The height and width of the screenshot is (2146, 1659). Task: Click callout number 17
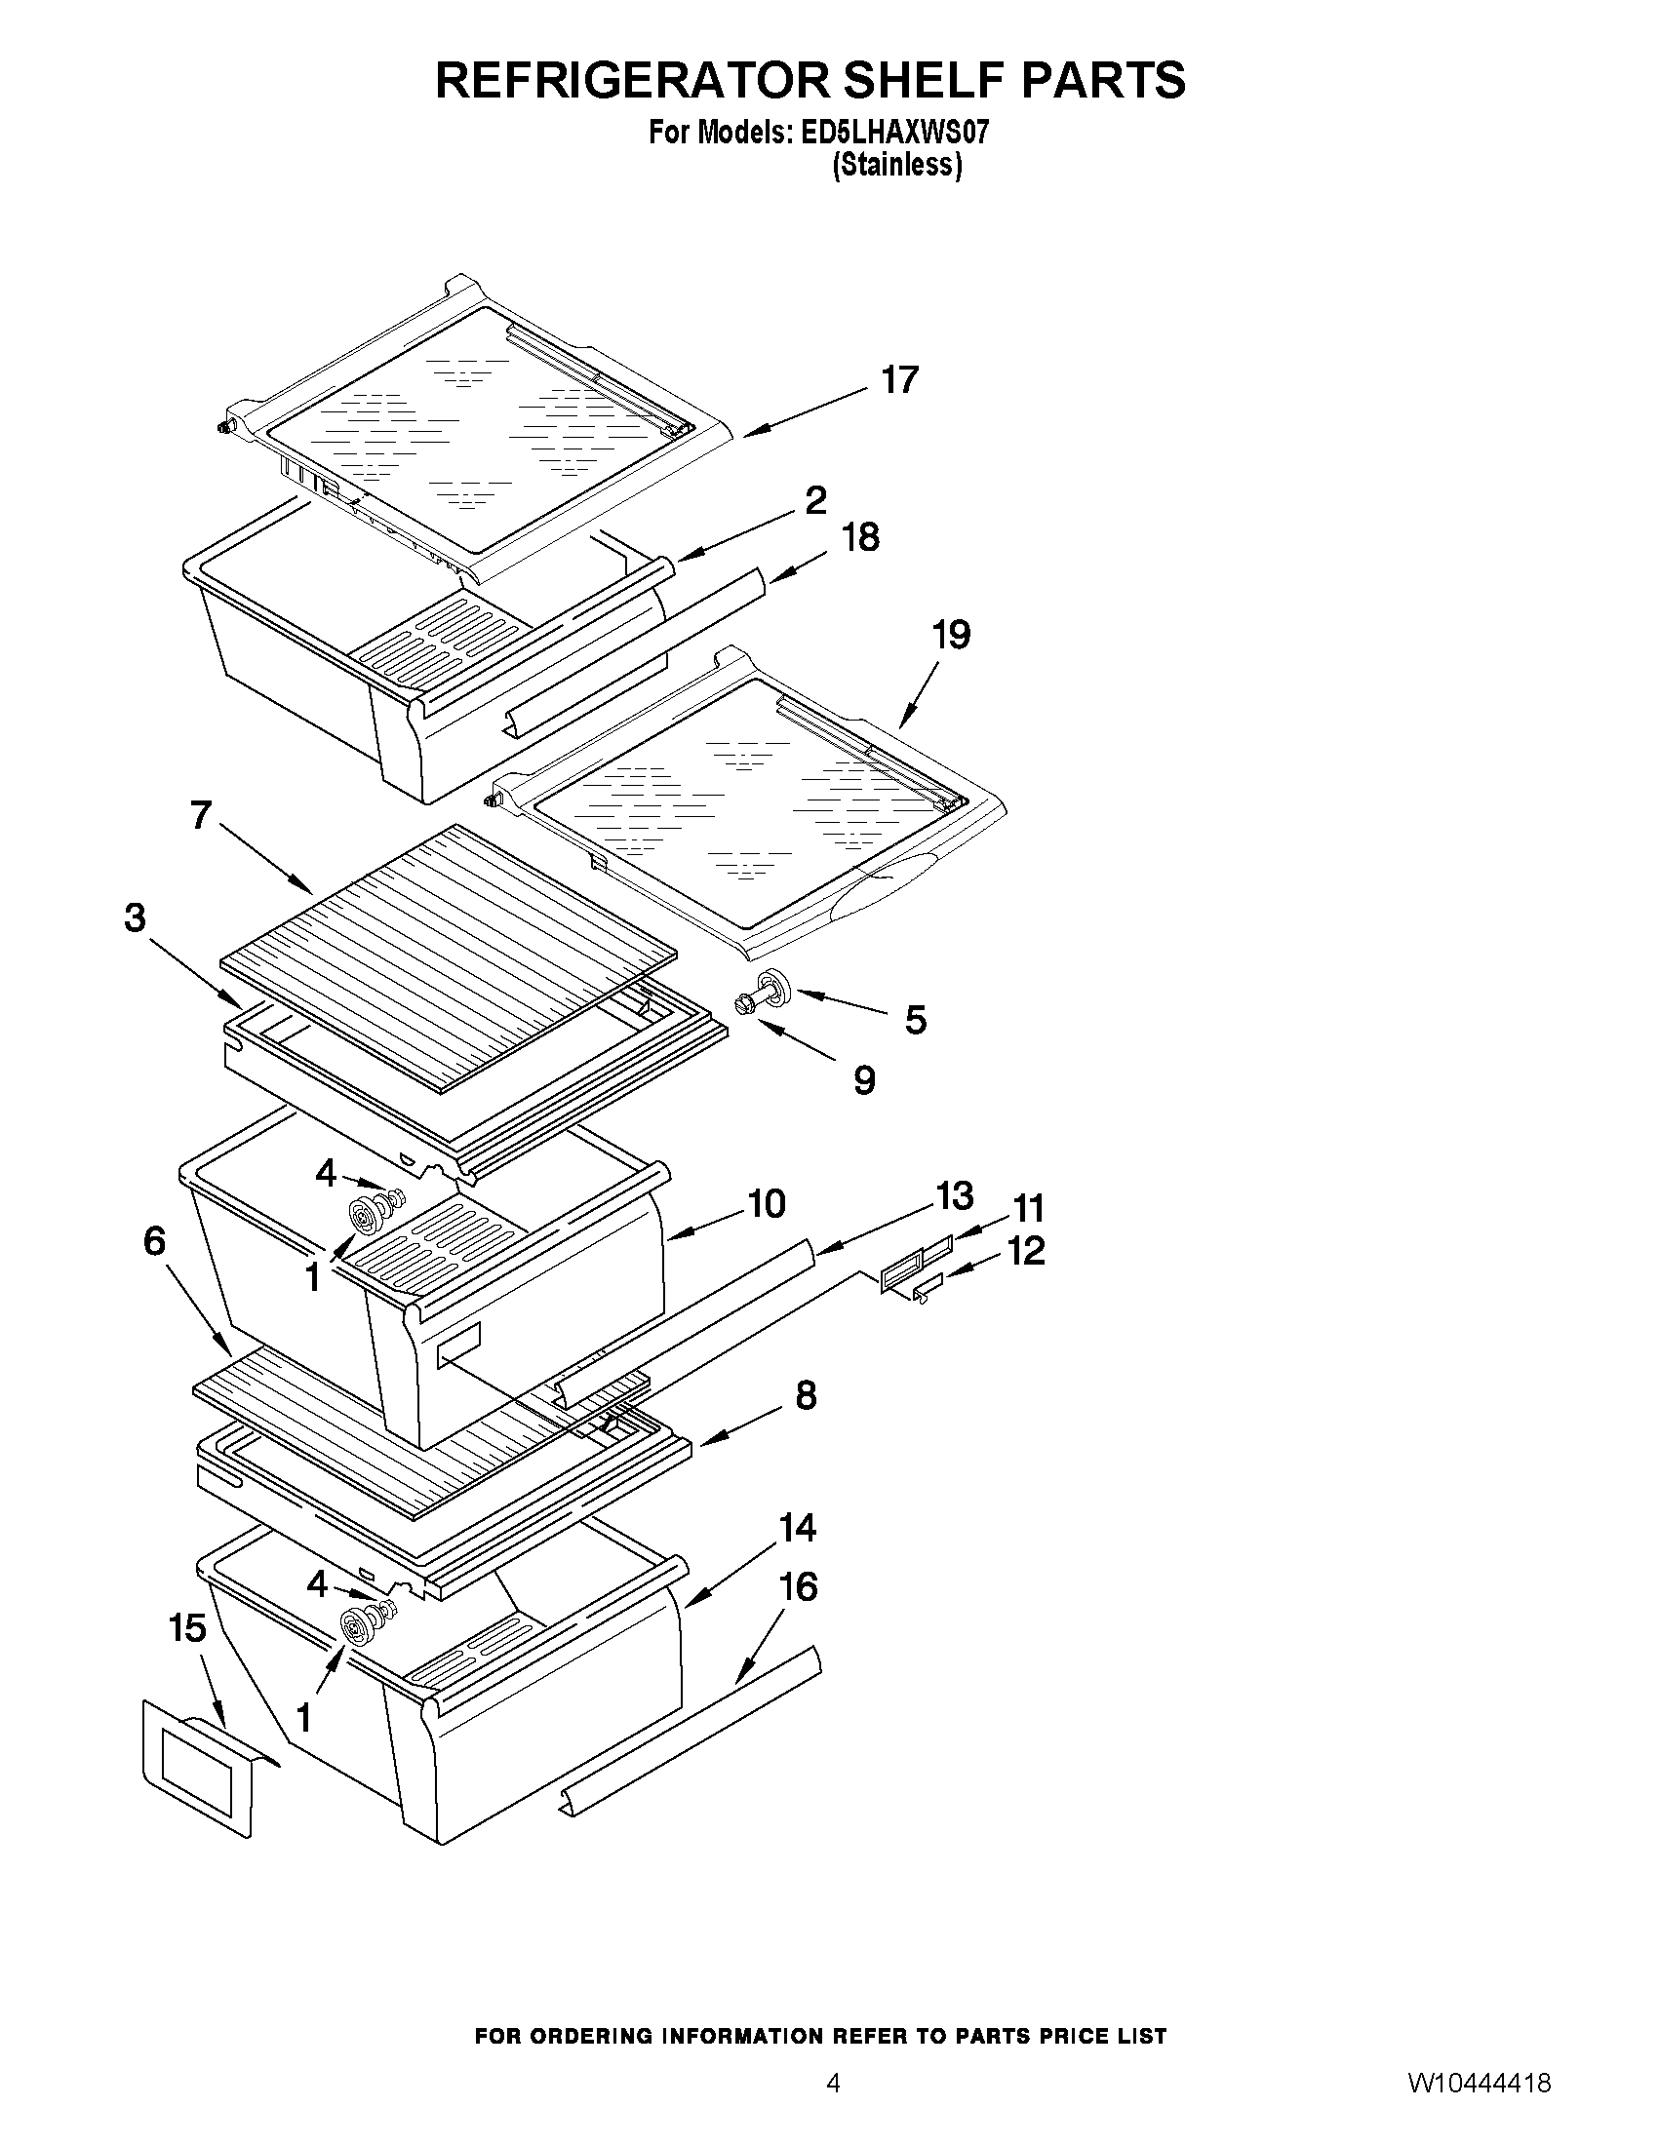point(899,380)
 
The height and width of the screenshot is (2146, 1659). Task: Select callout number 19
point(950,635)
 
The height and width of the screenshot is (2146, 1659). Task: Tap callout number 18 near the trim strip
point(861,537)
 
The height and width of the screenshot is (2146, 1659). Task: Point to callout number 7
point(202,814)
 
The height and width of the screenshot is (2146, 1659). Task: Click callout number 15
point(186,1628)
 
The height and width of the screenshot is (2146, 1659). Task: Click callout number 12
point(1026,1251)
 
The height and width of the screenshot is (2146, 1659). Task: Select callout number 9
point(863,1081)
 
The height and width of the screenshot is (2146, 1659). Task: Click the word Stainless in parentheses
point(896,165)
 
